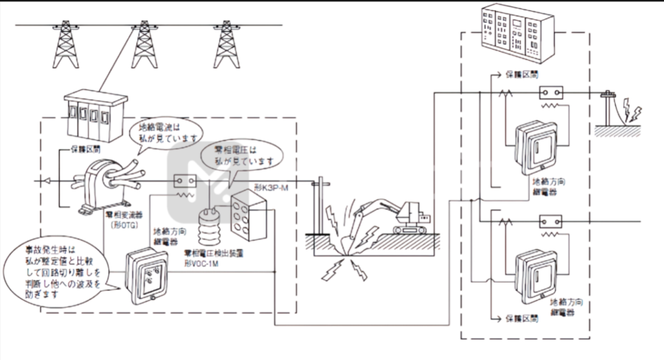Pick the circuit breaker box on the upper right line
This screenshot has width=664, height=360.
551,94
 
